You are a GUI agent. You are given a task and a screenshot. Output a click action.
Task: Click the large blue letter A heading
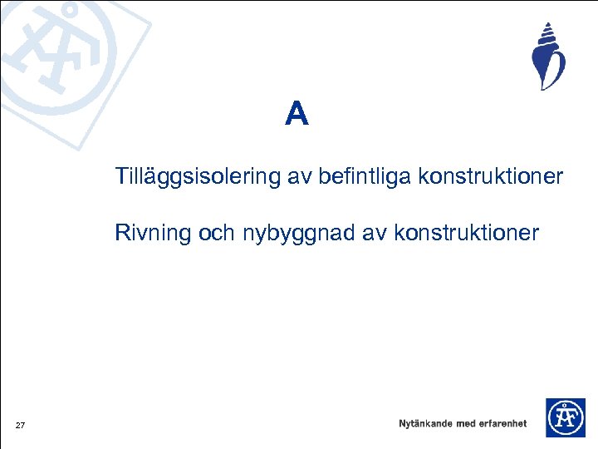[297, 114]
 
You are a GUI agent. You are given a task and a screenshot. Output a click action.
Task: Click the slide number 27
[20, 427]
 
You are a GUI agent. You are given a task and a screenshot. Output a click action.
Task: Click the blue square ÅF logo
[565, 417]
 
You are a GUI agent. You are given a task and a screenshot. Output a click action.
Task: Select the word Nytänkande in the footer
[425, 424]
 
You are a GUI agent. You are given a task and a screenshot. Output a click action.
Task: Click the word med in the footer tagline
[466, 424]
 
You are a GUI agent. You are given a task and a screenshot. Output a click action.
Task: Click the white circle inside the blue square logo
[565, 417]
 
